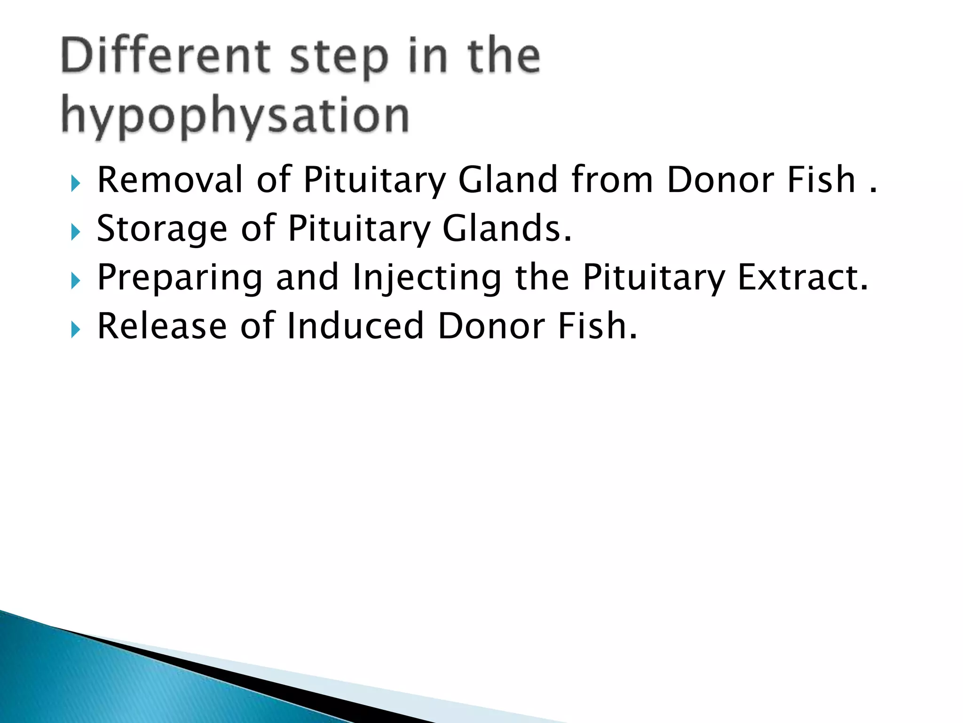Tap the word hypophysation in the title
[235, 116]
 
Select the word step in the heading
[339, 59]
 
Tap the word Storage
[162, 230]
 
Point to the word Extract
[802, 278]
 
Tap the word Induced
[355, 326]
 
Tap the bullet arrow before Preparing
[75, 281]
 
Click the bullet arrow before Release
[75, 329]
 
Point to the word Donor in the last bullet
[491, 326]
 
